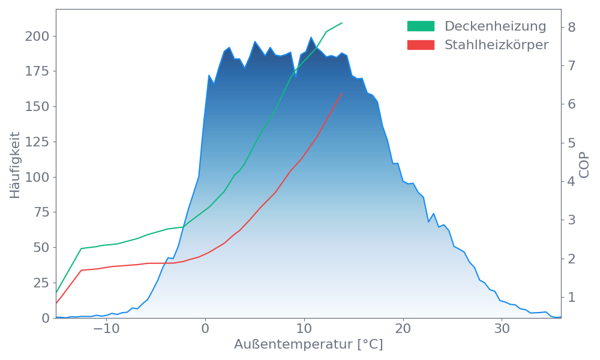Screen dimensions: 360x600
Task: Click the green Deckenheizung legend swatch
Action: (x=421, y=26)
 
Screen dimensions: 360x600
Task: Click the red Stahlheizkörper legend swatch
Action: (x=421, y=45)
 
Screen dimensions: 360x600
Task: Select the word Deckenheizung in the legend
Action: (x=495, y=26)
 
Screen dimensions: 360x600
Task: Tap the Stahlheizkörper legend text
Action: (x=496, y=45)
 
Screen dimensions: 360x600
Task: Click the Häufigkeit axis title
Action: (x=15, y=165)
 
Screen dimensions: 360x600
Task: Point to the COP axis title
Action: (x=584, y=165)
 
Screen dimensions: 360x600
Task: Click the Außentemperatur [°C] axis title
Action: (x=308, y=345)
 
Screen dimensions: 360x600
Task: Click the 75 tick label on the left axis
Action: (x=40, y=212)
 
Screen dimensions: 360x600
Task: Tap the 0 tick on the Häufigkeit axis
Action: (x=46, y=318)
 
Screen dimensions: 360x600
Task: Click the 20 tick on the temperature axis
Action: (x=403, y=329)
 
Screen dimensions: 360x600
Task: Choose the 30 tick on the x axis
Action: (x=502, y=329)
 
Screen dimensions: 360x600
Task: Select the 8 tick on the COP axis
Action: (x=572, y=27)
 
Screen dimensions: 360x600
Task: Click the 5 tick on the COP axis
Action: (x=572, y=143)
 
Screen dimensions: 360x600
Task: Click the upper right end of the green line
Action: (x=342, y=23)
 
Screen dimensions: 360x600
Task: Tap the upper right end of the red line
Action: (x=341, y=94)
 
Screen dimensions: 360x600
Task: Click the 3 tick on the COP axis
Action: (x=572, y=220)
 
